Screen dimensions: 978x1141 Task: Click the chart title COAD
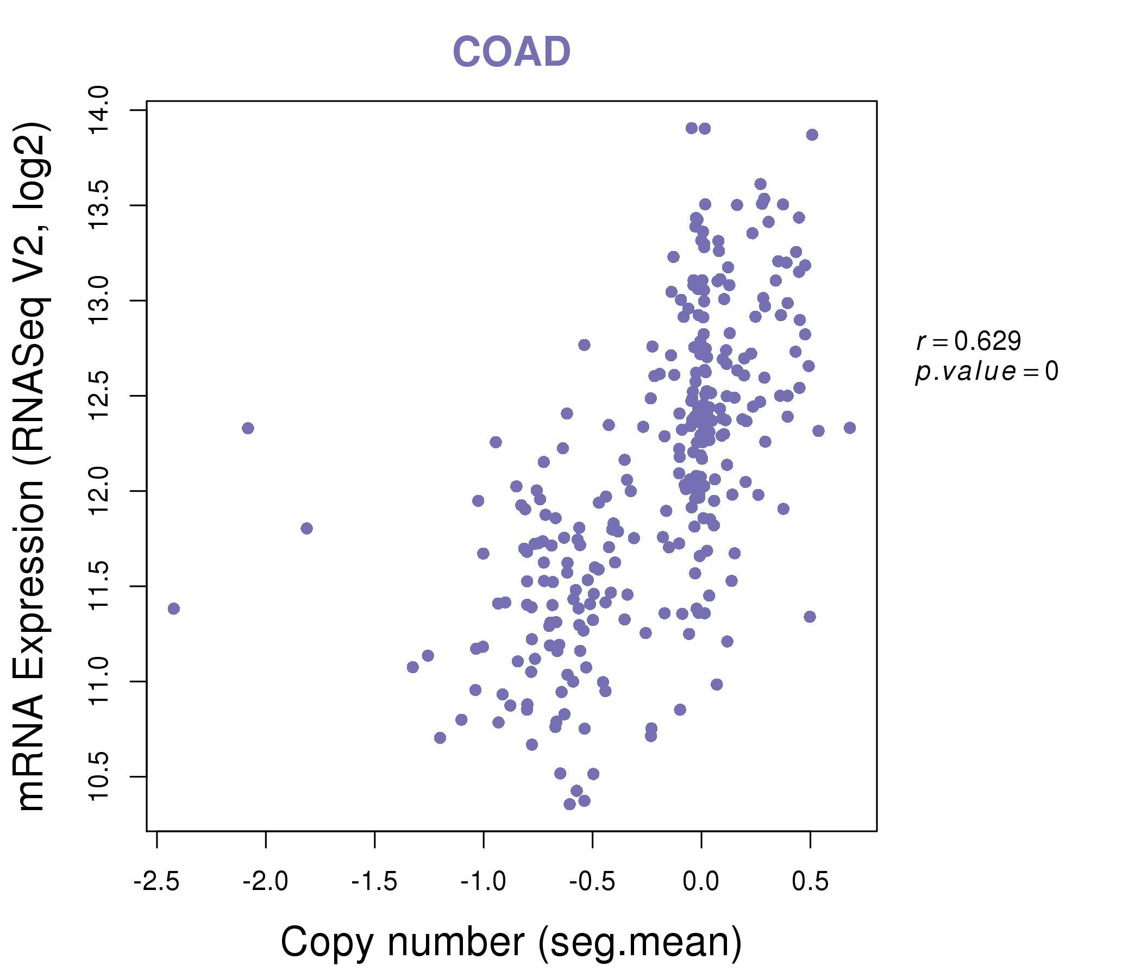[511, 52]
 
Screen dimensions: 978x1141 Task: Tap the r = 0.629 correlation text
[969, 341]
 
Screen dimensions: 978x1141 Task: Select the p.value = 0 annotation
[986, 372]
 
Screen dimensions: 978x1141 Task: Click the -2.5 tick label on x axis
[156, 882]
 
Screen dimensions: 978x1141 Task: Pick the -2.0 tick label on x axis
[265, 882]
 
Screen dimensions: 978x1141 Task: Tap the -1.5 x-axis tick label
[374, 882]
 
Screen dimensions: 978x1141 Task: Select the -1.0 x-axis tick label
[483, 882]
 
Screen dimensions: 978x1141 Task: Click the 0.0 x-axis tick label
[700, 882]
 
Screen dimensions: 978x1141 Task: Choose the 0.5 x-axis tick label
[810, 882]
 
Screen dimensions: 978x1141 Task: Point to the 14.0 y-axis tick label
[99, 110]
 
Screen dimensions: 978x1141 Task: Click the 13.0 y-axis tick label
[99, 300]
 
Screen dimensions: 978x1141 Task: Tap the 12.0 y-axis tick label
[99, 491]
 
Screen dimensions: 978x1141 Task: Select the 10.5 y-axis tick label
[99, 776]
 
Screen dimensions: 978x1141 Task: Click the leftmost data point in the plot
[173, 609]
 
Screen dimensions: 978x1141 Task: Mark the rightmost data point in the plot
[850, 428]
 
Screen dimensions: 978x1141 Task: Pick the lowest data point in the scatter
[569, 804]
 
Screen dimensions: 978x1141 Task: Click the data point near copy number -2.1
[248, 429]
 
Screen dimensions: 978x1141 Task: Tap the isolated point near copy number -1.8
[307, 529]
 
